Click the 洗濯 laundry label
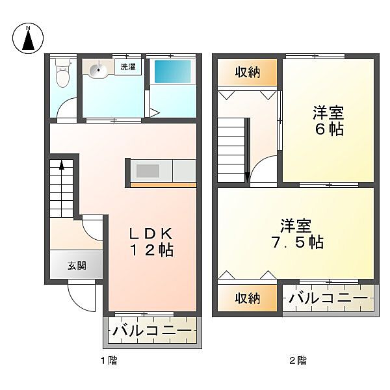[127, 66]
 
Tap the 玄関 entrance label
[75, 265]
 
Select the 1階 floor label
[109, 359]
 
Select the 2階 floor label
[297, 359]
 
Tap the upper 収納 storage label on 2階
[248, 72]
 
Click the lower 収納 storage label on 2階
[248, 298]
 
